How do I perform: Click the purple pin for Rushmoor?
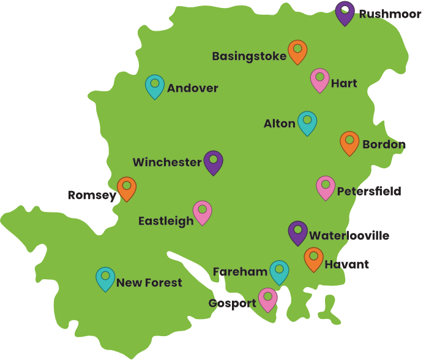coord(345,12)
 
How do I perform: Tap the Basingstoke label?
coord(249,56)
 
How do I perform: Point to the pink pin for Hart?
coord(319,78)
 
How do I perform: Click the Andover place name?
coord(192,89)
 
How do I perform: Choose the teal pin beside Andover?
coord(155,85)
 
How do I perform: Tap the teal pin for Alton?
coord(307,121)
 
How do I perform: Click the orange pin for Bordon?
coord(349,141)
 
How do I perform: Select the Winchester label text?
coord(167,162)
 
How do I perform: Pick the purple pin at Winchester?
coord(214,161)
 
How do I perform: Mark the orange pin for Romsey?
coord(127,187)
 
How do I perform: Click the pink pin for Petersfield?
coord(326,186)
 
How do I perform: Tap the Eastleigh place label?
coord(166,221)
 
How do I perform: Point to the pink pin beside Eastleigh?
coord(202,211)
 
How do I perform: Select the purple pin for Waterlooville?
coord(298,231)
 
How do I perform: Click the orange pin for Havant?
coord(314,258)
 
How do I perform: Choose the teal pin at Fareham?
coord(279,271)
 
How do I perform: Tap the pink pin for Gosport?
coord(268,298)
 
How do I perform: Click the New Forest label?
coord(149,283)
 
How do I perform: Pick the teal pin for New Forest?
coord(105,277)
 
